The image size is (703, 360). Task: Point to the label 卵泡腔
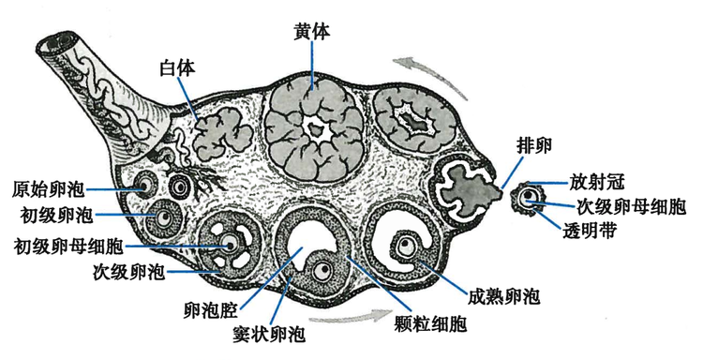pos(215,307)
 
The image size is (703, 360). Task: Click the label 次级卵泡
pos(128,274)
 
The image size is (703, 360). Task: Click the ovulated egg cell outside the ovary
pos(531,198)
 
